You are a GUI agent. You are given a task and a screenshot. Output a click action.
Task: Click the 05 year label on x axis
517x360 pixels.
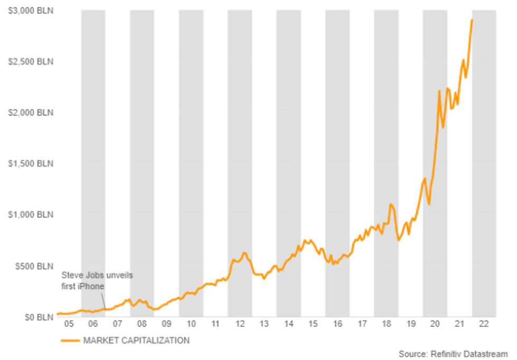pos(69,324)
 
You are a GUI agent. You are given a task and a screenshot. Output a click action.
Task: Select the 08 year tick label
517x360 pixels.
pos(142,324)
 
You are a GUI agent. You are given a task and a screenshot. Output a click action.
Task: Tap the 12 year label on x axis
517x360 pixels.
pos(240,324)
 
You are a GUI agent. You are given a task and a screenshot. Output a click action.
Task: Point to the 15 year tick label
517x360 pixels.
pos(313,324)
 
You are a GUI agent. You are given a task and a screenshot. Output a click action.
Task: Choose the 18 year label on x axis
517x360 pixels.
pos(386,324)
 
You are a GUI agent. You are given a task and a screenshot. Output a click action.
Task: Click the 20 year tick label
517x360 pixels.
pos(435,324)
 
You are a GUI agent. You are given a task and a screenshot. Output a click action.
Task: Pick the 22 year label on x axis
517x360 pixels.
pos(484,324)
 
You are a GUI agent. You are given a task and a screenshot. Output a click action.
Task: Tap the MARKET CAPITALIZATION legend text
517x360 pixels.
pos(136,340)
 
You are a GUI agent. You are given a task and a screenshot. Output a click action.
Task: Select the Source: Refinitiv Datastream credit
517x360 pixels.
pos(453,353)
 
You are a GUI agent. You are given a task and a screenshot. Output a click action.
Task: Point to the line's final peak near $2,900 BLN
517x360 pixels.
pos(472,20)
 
